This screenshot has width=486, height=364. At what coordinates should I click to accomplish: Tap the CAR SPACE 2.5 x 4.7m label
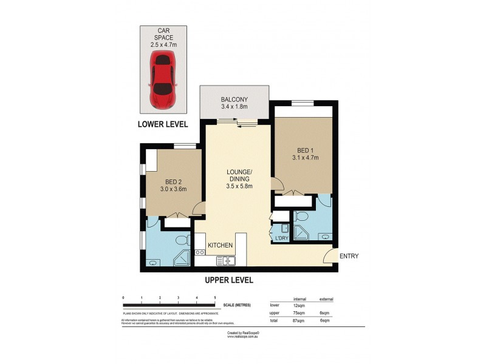coord(163,37)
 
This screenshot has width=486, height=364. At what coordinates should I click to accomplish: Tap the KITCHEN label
coord(220,245)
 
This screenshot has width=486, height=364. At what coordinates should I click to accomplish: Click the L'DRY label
coord(281,238)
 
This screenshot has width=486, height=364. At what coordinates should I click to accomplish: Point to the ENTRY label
coord(349,256)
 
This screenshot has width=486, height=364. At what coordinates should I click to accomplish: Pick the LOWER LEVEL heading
coord(162,124)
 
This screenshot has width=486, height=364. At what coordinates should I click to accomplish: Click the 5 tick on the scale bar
coord(215,298)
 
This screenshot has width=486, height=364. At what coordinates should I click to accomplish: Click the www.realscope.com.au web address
coord(243,337)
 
